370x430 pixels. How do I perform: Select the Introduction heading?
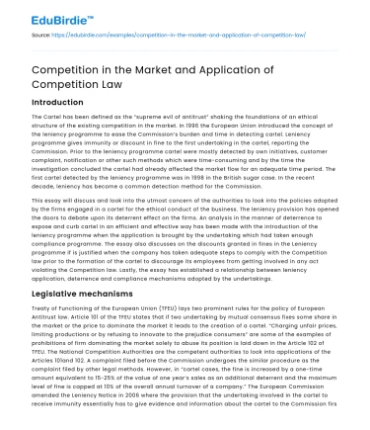pyautogui.click(x=57, y=104)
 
